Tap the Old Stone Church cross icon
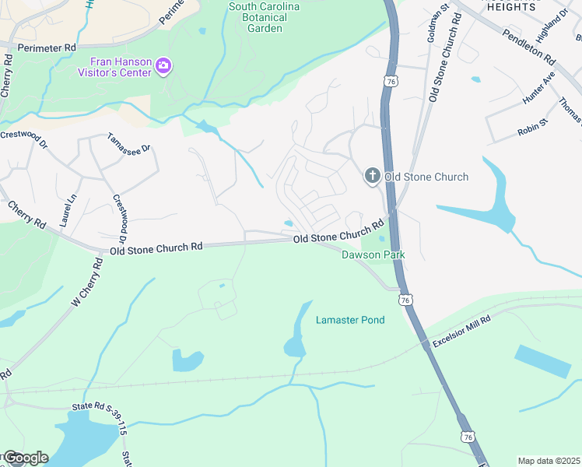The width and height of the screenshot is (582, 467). point(372,177)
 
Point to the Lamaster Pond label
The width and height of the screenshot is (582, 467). point(350,320)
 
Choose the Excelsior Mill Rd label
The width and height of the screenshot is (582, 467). point(463,332)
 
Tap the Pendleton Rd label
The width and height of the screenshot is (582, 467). point(528,47)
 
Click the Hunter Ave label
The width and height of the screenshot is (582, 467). point(538,89)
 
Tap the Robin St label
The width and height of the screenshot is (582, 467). point(533,128)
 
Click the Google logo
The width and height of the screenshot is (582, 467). point(25,458)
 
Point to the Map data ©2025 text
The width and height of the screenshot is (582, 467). point(548,461)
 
